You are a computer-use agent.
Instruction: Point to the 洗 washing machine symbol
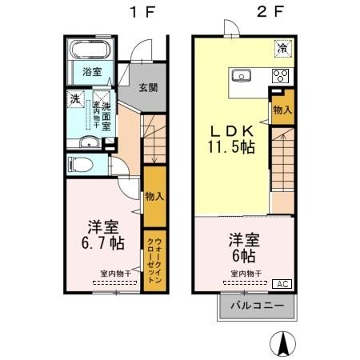(x=74, y=100)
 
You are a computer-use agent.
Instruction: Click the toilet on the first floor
(x=80, y=166)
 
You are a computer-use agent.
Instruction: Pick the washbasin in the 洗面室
(x=90, y=143)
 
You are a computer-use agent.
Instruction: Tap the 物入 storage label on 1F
(x=154, y=195)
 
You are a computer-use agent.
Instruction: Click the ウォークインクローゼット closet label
(x=154, y=258)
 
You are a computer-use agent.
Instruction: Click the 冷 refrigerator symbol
(x=282, y=48)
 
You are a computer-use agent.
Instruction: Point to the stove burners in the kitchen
(x=280, y=77)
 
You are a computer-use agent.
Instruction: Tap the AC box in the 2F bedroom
(x=283, y=284)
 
